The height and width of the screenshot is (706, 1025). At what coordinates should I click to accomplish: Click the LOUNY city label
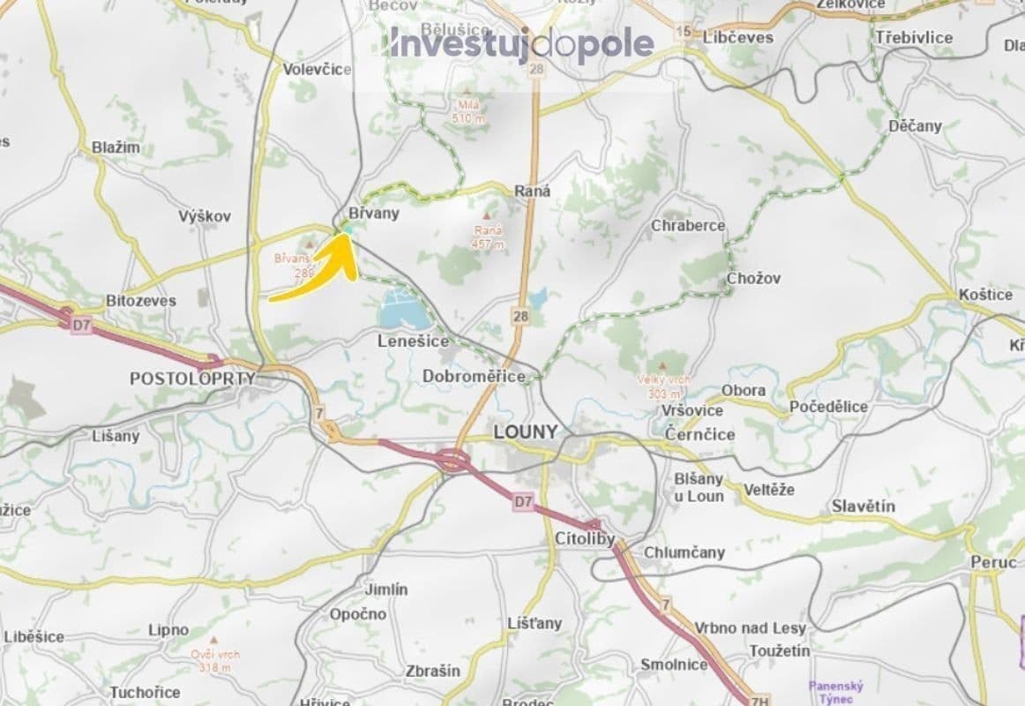pyautogui.click(x=526, y=432)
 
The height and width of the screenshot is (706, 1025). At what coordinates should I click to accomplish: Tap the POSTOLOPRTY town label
pyautogui.click(x=192, y=379)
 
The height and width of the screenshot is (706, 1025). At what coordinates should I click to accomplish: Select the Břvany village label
pyautogui.click(x=374, y=213)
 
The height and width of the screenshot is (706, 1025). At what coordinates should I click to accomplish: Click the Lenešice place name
pyautogui.click(x=413, y=341)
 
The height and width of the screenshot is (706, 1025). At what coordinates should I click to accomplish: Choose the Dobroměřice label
pyautogui.click(x=474, y=376)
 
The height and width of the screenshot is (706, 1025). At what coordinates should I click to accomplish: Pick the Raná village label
pyautogui.click(x=532, y=191)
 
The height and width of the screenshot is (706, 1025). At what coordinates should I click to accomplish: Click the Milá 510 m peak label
pyautogui.click(x=468, y=112)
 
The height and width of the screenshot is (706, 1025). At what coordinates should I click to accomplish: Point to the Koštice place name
pyautogui.click(x=985, y=295)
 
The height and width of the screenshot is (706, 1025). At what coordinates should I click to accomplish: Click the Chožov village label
pyautogui.click(x=753, y=278)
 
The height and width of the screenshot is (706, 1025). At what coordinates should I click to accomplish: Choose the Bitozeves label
pyautogui.click(x=141, y=300)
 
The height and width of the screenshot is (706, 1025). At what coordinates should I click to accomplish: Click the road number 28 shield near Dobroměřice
pyautogui.click(x=520, y=314)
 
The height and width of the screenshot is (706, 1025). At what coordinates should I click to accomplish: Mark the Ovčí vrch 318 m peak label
pyautogui.click(x=214, y=660)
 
